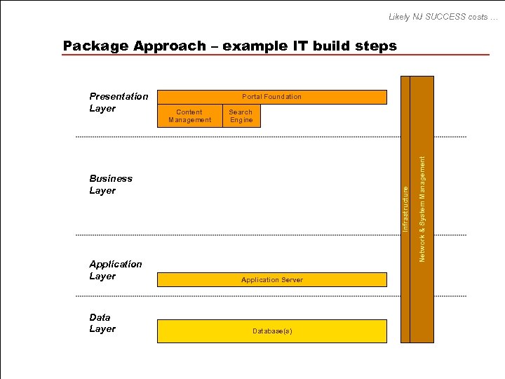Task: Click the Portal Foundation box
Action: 271,97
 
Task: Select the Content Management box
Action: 189,116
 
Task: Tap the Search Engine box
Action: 241,116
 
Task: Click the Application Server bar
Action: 271,280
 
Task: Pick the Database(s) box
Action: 271,331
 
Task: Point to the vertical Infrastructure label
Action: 405,204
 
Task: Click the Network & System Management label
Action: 422,209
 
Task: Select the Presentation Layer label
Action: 119,102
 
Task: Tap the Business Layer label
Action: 111,185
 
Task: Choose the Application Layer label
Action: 115,270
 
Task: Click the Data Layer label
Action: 102,323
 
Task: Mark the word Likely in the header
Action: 400,16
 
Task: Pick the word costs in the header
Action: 476,16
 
